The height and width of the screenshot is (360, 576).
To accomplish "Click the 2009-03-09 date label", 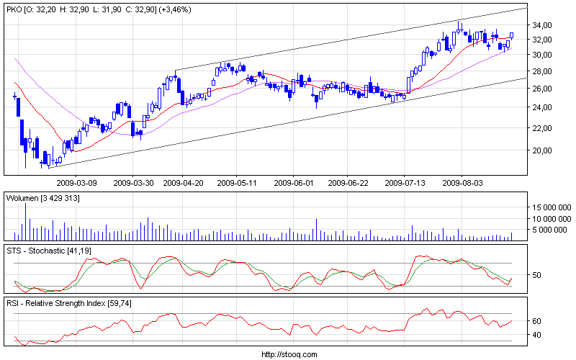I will pos(76,183).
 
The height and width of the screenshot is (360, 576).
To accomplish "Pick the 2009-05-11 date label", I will pos(238,183).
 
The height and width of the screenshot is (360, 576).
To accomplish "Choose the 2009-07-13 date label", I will pos(405,183).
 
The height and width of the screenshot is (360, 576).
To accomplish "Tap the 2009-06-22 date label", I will pos(348,183).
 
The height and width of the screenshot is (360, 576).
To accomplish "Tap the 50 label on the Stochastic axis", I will pos(536,275).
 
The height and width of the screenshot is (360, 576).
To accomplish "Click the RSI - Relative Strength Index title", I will pos(60,303).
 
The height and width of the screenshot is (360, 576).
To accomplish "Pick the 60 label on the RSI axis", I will pos(536,321).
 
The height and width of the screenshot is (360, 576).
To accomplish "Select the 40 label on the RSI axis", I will pos(536,336).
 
